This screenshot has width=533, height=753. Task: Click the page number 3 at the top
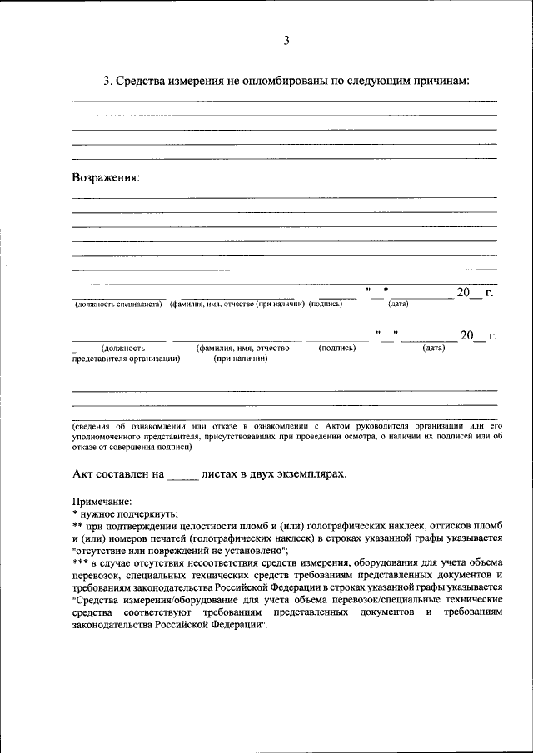(286, 40)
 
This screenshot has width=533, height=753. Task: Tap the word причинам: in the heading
(441, 81)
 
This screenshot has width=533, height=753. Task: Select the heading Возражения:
(106, 177)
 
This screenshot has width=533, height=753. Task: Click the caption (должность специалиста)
(117, 305)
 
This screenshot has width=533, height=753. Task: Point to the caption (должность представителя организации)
(126, 354)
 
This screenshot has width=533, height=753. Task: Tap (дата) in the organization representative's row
(433, 348)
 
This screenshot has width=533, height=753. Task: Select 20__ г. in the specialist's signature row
(474, 292)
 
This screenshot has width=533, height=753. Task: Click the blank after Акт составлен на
(183, 474)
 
